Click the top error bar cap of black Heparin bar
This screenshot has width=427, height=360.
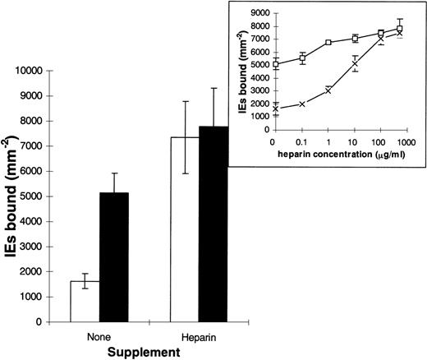(215, 88)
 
